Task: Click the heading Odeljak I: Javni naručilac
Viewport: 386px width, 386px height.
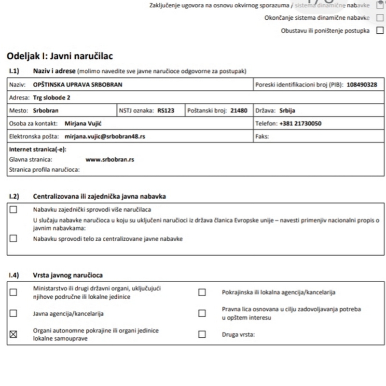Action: (x=61, y=56)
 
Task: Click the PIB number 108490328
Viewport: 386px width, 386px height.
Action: (x=360, y=84)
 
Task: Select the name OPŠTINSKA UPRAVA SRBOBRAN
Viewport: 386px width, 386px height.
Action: (x=78, y=84)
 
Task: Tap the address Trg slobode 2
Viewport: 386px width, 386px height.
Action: (x=51, y=97)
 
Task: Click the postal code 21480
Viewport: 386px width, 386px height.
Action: (x=239, y=110)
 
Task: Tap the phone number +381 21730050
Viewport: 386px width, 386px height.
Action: (x=300, y=124)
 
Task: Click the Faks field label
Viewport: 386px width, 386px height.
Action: (x=262, y=137)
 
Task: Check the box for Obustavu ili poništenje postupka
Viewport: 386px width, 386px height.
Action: (x=380, y=31)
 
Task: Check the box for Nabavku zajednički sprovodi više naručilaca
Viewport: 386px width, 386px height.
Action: (x=13, y=209)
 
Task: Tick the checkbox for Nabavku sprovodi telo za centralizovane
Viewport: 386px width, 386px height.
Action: (x=13, y=238)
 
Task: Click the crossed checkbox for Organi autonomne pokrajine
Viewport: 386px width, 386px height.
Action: (x=13, y=334)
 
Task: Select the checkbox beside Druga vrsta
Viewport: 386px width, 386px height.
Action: (x=202, y=334)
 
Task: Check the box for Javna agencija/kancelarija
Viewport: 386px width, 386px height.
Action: (x=13, y=313)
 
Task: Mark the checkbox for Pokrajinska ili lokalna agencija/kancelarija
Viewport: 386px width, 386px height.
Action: (x=202, y=292)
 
